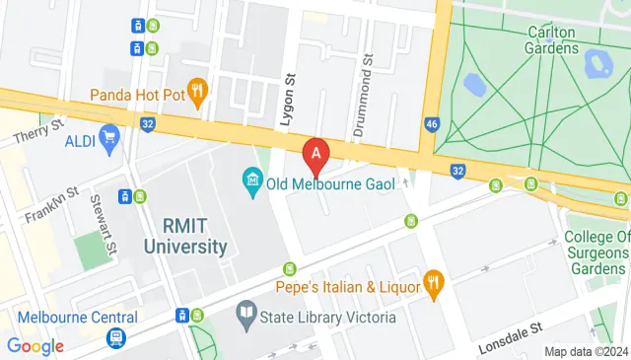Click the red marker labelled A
pyautogui.click(x=315, y=154)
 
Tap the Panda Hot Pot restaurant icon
pyautogui.click(x=197, y=95)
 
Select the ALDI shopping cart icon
pyautogui.click(x=108, y=140)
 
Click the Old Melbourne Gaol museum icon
pyautogui.click(x=251, y=181)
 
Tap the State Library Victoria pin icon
pyautogui.click(x=246, y=318)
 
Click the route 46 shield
pyautogui.click(x=432, y=124)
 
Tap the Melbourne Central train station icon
pyautogui.click(x=116, y=338)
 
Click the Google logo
pyautogui.click(x=35, y=345)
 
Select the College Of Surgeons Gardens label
pyautogui.click(x=596, y=252)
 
